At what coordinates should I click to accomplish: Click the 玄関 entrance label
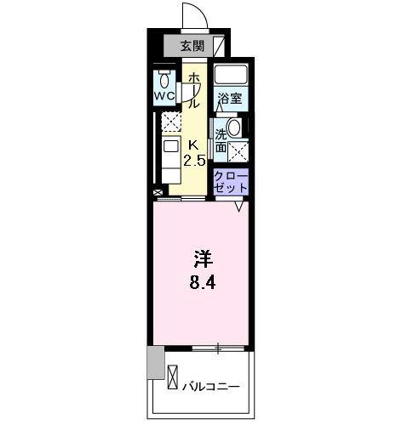[192, 46]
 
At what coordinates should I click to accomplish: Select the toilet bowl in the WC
[164, 81]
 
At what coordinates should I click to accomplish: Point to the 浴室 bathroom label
[229, 99]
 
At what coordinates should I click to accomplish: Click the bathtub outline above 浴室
[230, 74]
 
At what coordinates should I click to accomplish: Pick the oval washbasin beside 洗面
[234, 127]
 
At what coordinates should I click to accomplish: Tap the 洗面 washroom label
[221, 141]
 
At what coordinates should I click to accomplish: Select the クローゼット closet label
[231, 180]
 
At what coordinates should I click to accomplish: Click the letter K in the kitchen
[192, 144]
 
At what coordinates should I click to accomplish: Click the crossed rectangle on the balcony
[174, 376]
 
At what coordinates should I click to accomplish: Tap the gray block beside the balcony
[154, 364]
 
